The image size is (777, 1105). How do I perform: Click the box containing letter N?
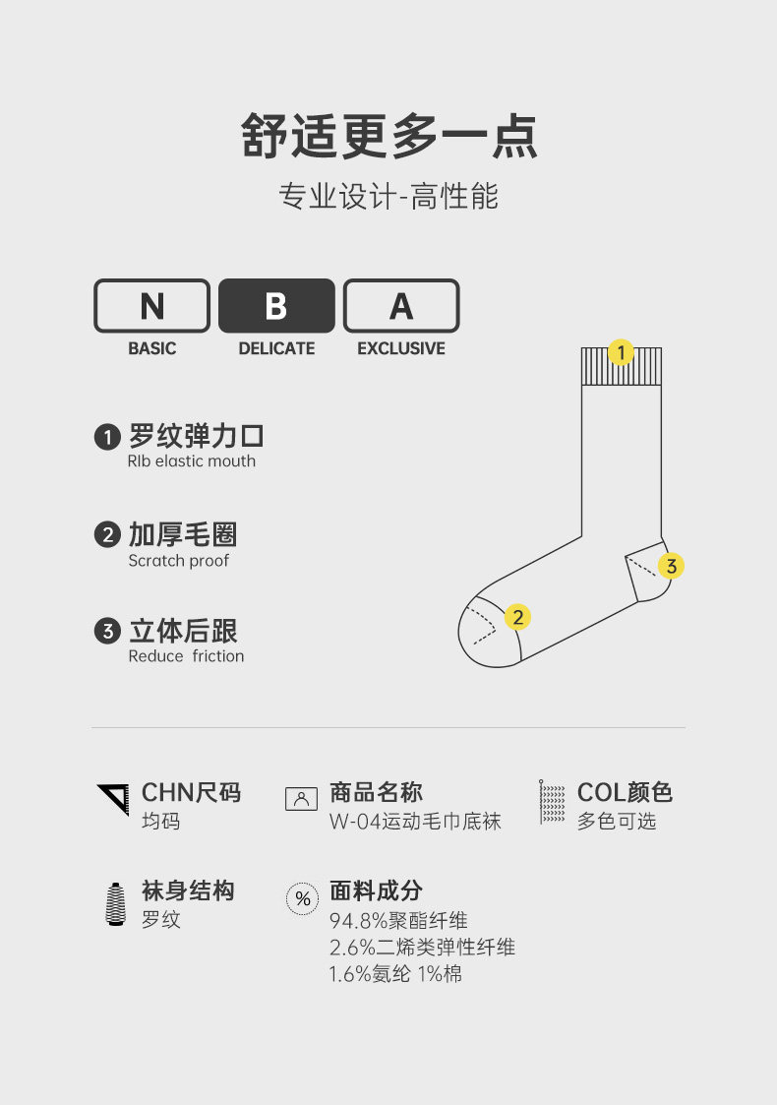pos(151,306)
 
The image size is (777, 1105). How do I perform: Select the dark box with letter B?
pos(276,306)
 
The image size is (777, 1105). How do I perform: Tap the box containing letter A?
pos(401,306)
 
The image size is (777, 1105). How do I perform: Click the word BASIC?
pos(151,348)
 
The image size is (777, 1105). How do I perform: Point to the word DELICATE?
pos(276,348)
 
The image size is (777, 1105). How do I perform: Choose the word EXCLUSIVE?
pos(401,348)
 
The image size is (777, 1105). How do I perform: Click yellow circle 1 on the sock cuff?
pos(621,352)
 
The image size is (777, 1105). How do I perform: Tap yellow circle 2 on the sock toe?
pos(517,617)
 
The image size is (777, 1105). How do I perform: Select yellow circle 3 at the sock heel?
pos(671,566)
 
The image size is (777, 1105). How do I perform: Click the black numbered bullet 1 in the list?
pos(107,437)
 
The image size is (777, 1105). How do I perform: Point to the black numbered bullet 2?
pos(107,535)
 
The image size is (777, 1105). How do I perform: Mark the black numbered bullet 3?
pos(107,632)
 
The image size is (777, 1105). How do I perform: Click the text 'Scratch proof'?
pos(178,561)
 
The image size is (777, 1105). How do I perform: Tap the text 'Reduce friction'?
pos(186,656)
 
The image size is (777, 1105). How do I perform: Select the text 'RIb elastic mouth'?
pos(191,461)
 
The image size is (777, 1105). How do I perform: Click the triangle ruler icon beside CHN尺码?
pos(113,799)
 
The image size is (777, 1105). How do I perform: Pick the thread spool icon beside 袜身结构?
pos(115,903)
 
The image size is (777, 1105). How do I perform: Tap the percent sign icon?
pos(302,898)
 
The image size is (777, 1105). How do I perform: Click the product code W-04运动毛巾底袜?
pos(415,822)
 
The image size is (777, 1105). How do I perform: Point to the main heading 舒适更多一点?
pos(389,137)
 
